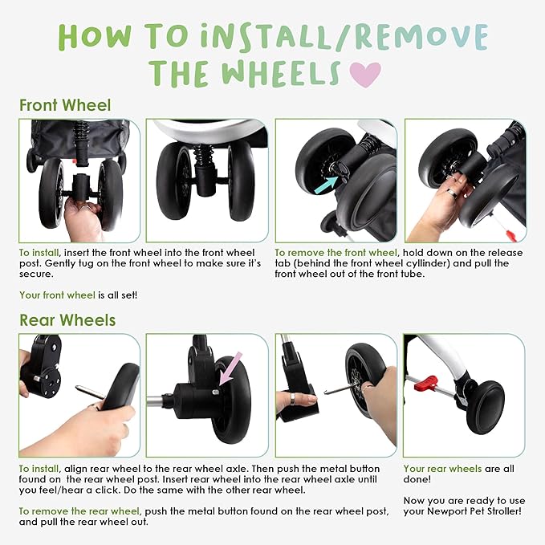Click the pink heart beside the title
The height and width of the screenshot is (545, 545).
[x=365, y=74]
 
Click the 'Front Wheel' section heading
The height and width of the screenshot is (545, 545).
[x=65, y=105]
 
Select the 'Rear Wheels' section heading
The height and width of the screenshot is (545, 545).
[x=67, y=320]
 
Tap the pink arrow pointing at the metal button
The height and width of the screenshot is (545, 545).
[x=230, y=368]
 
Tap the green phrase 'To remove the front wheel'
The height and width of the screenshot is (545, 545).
[x=336, y=253]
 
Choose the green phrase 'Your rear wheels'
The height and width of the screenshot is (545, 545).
[x=442, y=469]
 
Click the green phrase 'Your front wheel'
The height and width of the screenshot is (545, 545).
[x=57, y=295]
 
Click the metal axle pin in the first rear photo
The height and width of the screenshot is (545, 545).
[x=89, y=392]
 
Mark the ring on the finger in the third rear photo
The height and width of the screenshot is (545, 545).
[x=293, y=399]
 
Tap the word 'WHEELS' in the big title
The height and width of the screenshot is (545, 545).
[x=281, y=74]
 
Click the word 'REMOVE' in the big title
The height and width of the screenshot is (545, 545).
[x=421, y=37]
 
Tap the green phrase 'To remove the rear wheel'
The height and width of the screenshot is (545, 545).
[x=79, y=511]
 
